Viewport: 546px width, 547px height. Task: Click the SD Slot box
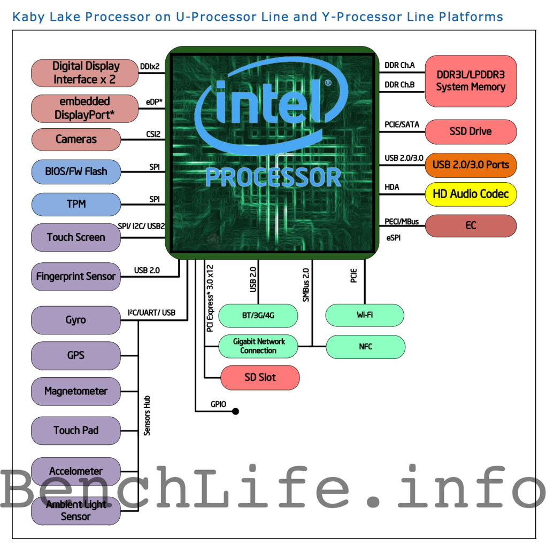coord(260,378)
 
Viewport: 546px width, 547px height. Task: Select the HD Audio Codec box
coord(471,194)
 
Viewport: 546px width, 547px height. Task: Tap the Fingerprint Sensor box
coord(76,277)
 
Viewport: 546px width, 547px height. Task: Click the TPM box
coord(76,204)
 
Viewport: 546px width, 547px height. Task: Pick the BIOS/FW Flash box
coord(76,171)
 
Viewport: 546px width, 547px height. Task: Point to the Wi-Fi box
coord(365,315)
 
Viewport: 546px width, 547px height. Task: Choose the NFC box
coord(365,347)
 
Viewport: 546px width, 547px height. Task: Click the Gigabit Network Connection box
coord(258,346)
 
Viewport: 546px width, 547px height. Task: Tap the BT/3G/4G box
coord(258,316)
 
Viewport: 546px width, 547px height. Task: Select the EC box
coord(471,225)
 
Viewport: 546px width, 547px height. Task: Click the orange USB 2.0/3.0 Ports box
coord(471,165)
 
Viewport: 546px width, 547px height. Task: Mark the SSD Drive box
coord(471,131)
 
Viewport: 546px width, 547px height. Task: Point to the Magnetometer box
coord(76,391)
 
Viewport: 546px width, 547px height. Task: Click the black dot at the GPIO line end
coord(235,411)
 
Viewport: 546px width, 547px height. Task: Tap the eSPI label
coord(393,238)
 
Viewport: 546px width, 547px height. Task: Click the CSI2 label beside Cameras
coord(153,135)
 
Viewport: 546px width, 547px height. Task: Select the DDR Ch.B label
coord(400,85)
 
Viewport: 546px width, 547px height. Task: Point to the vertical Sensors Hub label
coord(147,415)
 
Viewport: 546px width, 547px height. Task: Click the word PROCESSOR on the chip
coord(273,177)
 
